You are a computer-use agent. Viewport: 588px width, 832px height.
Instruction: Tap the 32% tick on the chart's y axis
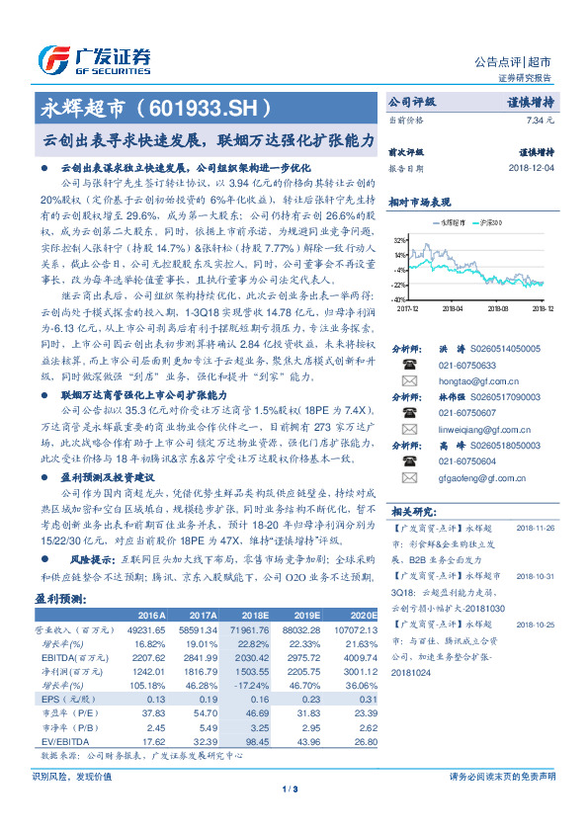click(x=399, y=240)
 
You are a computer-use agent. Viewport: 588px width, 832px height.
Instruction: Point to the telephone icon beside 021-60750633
click(x=407, y=364)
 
